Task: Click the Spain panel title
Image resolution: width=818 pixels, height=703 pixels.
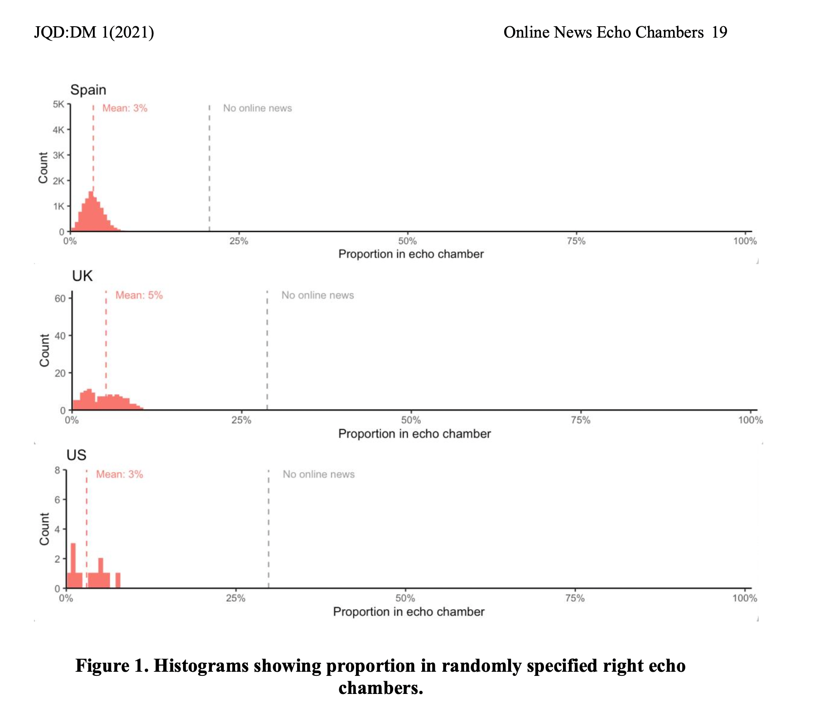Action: [x=88, y=90]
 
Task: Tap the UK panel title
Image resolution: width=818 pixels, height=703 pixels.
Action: [x=82, y=276]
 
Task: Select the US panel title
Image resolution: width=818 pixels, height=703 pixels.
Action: [x=76, y=455]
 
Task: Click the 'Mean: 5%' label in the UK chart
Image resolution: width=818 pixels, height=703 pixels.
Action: [x=139, y=295]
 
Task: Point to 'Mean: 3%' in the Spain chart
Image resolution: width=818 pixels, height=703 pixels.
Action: [x=125, y=108]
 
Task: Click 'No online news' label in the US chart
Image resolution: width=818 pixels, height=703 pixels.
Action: [x=318, y=474]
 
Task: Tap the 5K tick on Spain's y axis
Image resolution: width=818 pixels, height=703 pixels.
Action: [x=58, y=105]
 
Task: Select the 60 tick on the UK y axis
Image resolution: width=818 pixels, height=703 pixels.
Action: [x=60, y=299]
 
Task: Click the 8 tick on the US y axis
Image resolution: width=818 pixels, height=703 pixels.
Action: [x=58, y=470]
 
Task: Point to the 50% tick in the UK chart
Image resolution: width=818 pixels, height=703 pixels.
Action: [x=411, y=420]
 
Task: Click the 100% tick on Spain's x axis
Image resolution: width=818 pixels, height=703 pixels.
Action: [x=745, y=241]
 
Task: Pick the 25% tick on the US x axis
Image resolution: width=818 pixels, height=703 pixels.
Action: [x=236, y=598]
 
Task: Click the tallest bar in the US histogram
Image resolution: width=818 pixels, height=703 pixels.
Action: [x=73, y=565]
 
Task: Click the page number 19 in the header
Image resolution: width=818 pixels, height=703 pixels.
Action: [x=719, y=32]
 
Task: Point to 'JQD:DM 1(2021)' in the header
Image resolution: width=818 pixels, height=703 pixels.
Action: [x=94, y=32]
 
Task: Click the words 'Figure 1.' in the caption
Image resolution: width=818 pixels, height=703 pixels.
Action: [x=112, y=666]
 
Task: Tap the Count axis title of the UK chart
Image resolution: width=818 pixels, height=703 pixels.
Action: [x=44, y=351]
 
